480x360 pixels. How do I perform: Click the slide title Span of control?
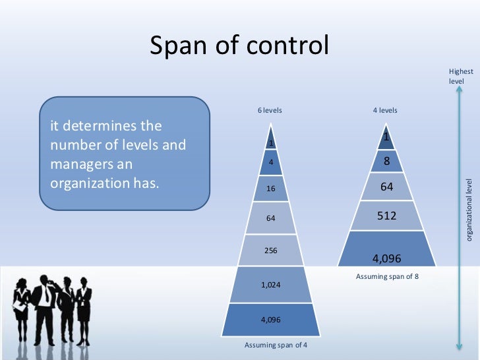(x=239, y=46)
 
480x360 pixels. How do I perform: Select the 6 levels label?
(x=270, y=110)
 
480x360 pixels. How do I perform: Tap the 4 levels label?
(x=385, y=110)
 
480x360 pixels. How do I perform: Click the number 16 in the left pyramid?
(x=270, y=188)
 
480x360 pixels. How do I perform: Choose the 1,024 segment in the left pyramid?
(x=270, y=285)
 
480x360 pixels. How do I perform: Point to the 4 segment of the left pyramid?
(x=270, y=161)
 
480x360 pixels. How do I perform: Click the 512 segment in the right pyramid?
(x=386, y=215)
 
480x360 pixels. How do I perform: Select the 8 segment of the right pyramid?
(x=386, y=161)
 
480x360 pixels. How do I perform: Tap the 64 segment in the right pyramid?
(x=387, y=187)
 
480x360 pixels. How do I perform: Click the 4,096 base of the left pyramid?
(x=270, y=320)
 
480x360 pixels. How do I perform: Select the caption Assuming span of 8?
(x=387, y=276)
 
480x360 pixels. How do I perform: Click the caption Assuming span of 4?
(x=276, y=345)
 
